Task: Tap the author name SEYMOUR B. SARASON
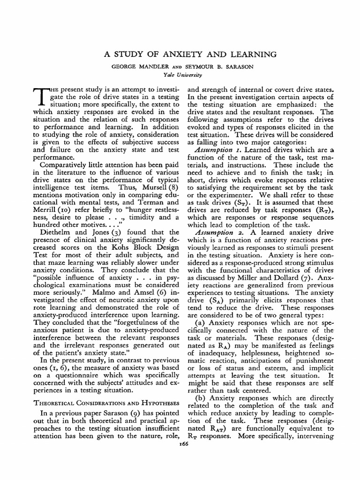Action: tap(219, 67)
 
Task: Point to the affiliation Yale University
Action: tap(180, 74)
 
